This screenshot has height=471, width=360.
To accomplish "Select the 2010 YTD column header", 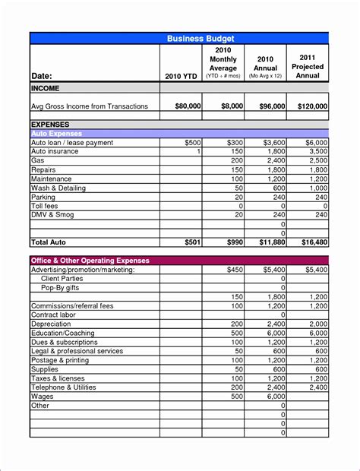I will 181,76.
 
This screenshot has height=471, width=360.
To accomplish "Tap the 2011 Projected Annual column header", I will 308,66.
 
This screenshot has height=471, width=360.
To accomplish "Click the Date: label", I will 44,76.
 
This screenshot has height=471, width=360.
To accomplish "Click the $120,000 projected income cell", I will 312,106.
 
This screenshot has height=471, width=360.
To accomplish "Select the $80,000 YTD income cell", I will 187,106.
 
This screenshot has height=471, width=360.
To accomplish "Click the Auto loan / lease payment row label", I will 71,142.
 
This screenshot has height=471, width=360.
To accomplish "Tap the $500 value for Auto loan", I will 192,142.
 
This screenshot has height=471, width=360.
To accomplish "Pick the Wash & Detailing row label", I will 58,188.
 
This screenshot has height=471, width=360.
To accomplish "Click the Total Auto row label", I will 49,242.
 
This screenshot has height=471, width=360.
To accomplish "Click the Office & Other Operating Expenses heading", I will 90,261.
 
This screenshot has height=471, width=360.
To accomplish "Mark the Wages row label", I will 43,397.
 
